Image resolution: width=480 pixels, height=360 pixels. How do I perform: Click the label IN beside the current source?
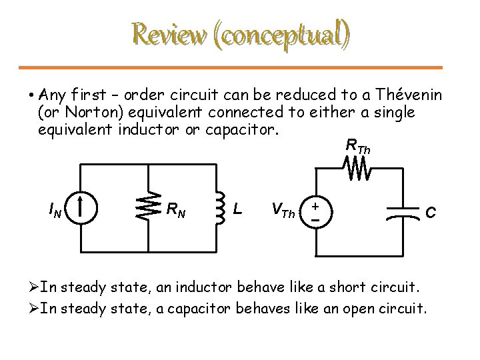coord(57,212)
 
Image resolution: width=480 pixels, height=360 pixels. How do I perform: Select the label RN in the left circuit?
coord(176,212)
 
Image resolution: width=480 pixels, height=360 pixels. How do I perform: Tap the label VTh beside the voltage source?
coord(283,212)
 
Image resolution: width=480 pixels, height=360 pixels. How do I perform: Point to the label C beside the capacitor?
coord(431,212)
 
